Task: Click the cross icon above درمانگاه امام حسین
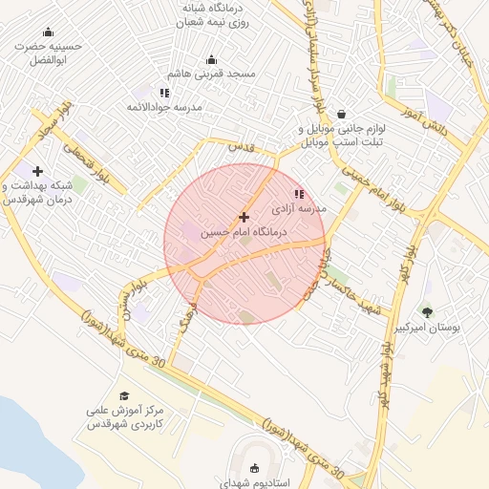[x=244, y=218]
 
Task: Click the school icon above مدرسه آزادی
[x=300, y=194]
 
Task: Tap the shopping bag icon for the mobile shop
[x=341, y=115]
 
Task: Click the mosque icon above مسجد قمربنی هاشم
[x=211, y=60]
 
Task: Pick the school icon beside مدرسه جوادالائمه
[x=164, y=93]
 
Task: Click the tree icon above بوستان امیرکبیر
[x=426, y=311]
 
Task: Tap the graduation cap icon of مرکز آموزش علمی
[x=124, y=395]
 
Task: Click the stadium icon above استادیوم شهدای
[x=254, y=468]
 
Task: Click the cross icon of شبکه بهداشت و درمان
[x=36, y=171]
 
